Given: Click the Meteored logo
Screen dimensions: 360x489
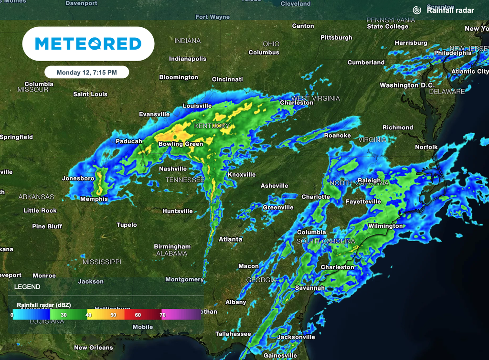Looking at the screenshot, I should tap(88, 44).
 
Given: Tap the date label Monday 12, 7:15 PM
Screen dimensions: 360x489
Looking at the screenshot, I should tap(87, 73).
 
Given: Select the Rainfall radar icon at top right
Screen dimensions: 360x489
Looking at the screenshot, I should tap(417, 10).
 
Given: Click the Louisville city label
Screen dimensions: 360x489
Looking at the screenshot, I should tap(197, 106).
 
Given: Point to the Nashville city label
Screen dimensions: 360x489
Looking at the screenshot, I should tap(173, 169).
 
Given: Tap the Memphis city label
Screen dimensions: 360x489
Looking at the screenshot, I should tap(94, 199).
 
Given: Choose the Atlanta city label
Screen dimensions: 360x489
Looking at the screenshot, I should tap(231, 239).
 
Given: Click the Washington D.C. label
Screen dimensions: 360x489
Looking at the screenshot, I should tap(407, 85).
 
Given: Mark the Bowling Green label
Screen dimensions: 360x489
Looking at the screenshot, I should tap(181, 144).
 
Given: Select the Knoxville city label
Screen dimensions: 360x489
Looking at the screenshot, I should tap(242, 175).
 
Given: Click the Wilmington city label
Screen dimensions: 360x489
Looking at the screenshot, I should tap(385, 226).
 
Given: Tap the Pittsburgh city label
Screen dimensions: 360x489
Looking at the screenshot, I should tap(336, 37).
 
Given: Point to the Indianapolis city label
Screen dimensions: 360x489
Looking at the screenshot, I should tap(188, 59).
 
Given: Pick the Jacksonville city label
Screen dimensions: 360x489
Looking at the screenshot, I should tap(296, 337).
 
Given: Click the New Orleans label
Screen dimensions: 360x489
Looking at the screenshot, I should tap(94, 348).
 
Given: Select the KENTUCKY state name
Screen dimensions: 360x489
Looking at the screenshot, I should tap(213, 126).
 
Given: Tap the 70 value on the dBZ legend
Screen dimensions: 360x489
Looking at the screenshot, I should tap(163, 315).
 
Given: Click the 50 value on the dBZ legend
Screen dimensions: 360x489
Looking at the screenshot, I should tap(113, 315).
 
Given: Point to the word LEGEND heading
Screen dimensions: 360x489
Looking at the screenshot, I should tap(27, 287).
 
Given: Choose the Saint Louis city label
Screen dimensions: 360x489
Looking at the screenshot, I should tap(90, 94).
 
